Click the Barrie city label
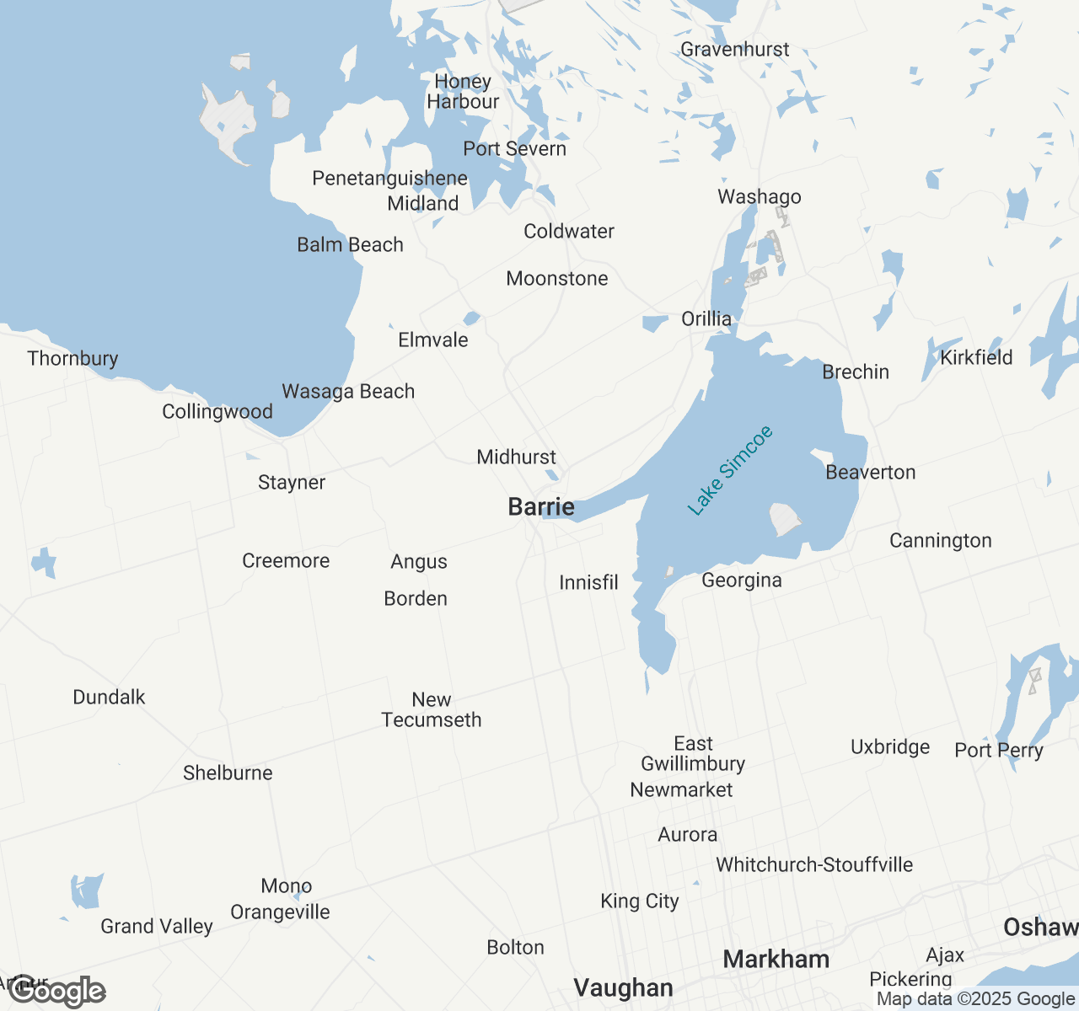click(x=541, y=506)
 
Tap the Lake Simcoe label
click(x=730, y=470)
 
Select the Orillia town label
click(x=706, y=318)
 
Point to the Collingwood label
click(x=217, y=411)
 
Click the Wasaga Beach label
click(x=348, y=391)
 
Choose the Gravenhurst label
click(x=735, y=49)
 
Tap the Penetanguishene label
click(x=389, y=178)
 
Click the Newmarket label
click(x=681, y=789)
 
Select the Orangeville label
click(x=280, y=912)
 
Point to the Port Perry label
click(x=999, y=750)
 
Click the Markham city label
click(x=776, y=959)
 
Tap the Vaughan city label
click(x=623, y=987)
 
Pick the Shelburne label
click(x=228, y=773)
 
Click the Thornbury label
click(x=72, y=358)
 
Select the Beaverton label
click(x=871, y=472)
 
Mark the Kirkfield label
click(x=976, y=357)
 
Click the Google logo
click(x=58, y=992)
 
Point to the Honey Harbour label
click(x=463, y=91)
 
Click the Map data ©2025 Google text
click(x=975, y=999)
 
